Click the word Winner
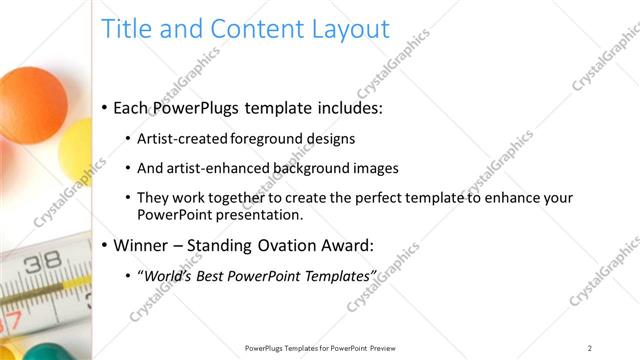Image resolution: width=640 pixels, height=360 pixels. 141,244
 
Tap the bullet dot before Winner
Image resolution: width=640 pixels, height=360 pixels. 105,245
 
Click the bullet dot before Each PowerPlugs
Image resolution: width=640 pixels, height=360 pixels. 105,108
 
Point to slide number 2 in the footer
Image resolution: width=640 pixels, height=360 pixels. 590,348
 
